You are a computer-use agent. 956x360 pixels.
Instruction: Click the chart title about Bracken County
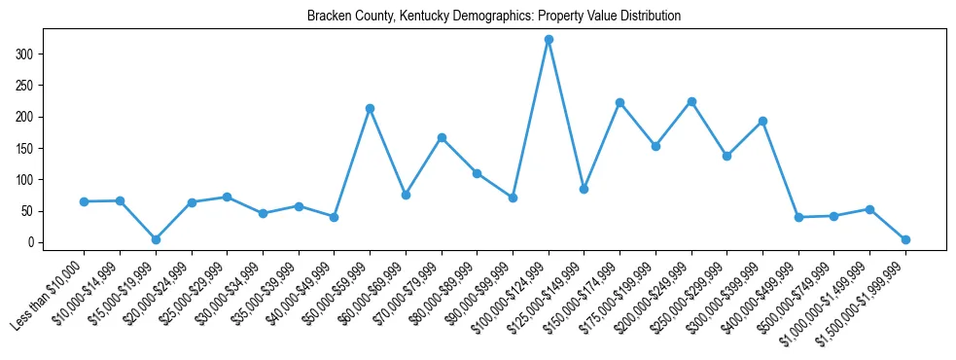coord(493,17)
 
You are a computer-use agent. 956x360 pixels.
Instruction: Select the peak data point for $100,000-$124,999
coord(549,40)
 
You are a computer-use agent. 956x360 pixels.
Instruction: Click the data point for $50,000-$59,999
coord(370,108)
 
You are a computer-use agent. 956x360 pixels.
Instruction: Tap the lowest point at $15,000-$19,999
coord(156,239)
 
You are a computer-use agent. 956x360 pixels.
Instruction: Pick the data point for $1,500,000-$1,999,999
coord(905,239)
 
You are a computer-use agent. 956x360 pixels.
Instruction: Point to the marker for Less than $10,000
coord(84,201)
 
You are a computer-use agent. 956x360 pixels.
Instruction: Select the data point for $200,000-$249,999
coord(691,101)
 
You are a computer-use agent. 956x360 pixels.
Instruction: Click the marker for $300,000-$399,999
coord(762,121)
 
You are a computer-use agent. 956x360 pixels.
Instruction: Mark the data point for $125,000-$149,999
coord(584,189)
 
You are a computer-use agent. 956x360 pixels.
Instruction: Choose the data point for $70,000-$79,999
coord(442,137)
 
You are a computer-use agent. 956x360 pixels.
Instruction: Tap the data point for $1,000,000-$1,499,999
coord(869,209)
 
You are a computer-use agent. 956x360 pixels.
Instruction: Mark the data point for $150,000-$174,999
coord(620,102)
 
